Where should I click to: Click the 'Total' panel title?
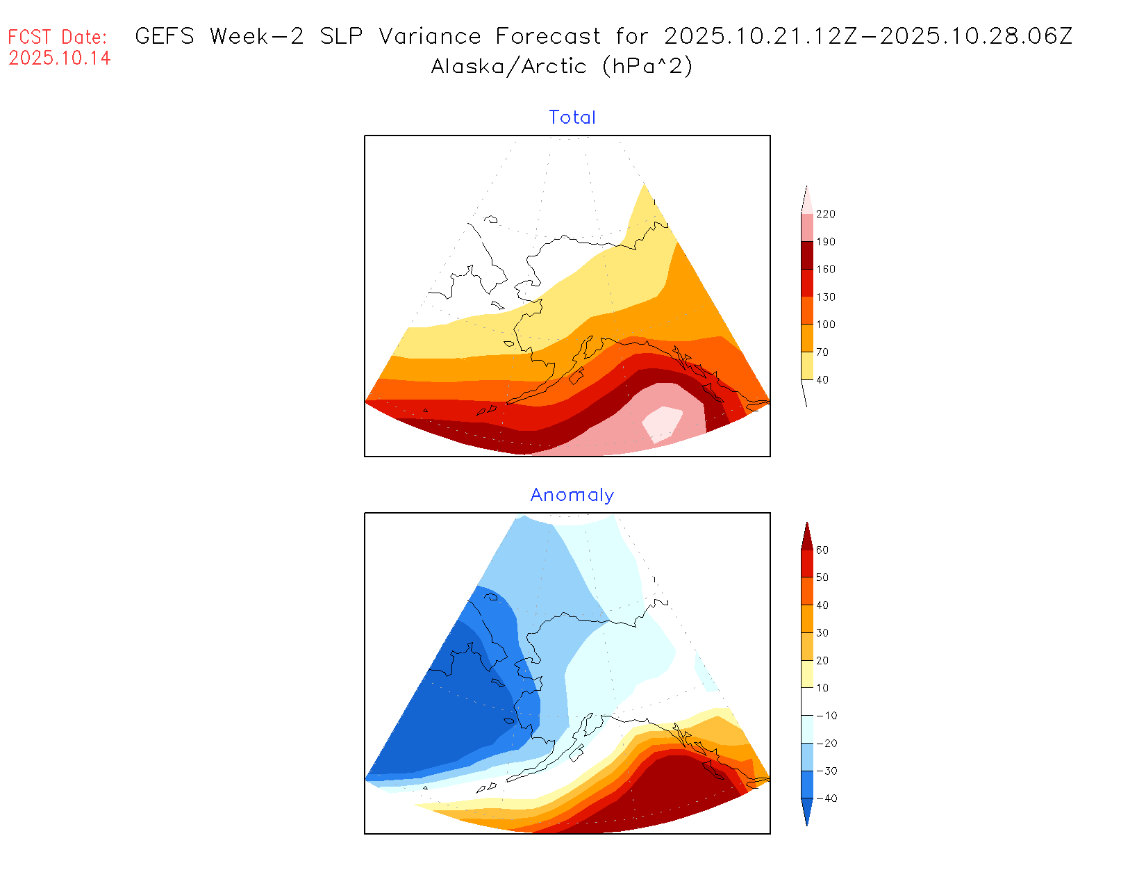pos(572,117)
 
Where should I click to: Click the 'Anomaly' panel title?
pos(572,495)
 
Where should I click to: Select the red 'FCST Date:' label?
pos(58,37)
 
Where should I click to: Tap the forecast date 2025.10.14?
pos(60,58)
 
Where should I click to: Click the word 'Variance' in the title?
pos(430,36)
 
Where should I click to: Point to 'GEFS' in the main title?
pos(165,36)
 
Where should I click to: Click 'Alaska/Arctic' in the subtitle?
pos(508,66)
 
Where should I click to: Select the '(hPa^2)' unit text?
pos(647,66)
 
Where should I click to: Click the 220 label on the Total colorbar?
pos(826,214)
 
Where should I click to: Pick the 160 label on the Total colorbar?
pos(826,270)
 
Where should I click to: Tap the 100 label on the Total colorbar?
pos(826,325)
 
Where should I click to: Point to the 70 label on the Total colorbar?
pos(822,352)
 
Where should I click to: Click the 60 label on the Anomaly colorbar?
pos(822,550)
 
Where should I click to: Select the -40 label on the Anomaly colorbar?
pos(826,798)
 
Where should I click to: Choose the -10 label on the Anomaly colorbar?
pos(826,716)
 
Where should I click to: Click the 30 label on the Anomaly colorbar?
pos(822,633)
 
